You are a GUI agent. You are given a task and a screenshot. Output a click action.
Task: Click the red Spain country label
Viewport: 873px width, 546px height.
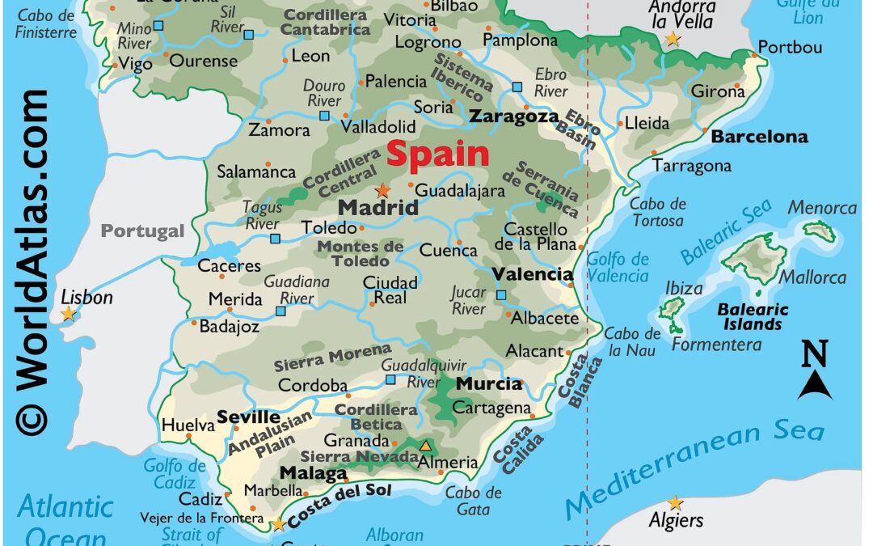coord(438,154)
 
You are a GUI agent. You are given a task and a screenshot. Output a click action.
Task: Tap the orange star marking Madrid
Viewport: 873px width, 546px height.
coord(382,191)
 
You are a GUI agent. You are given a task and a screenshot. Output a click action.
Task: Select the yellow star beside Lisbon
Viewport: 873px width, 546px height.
coord(69,313)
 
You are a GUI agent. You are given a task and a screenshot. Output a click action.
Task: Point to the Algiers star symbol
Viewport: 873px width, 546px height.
coord(675,503)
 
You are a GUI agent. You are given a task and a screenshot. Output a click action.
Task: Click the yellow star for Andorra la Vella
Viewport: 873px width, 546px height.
coord(673,39)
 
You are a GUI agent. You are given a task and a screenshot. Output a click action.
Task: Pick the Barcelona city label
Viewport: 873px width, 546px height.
coord(759,137)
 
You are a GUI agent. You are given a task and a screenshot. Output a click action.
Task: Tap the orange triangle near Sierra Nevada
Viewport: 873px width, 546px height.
coord(425,445)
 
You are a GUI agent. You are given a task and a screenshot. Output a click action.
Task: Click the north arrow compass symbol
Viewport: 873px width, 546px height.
coord(815,372)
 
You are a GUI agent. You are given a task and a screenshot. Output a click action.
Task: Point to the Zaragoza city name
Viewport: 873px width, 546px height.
coord(514,116)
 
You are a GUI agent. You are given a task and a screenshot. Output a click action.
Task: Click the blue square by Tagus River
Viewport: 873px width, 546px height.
coord(275,238)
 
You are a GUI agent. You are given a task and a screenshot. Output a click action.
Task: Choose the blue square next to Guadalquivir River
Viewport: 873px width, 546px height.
coord(390,379)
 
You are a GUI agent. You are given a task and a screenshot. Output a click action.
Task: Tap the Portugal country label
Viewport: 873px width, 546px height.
coord(142,231)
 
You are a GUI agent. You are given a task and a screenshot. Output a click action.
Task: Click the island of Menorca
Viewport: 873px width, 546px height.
coord(819,231)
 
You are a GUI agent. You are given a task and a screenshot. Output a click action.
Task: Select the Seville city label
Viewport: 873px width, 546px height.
coord(248,418)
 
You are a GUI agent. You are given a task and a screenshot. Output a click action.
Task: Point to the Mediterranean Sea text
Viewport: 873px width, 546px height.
coord(694,469)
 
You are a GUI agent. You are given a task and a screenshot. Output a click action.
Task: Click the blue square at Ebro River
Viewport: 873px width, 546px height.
coord(517,87)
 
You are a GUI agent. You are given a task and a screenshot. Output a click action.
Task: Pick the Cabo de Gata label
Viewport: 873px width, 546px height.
coord(473,501)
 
